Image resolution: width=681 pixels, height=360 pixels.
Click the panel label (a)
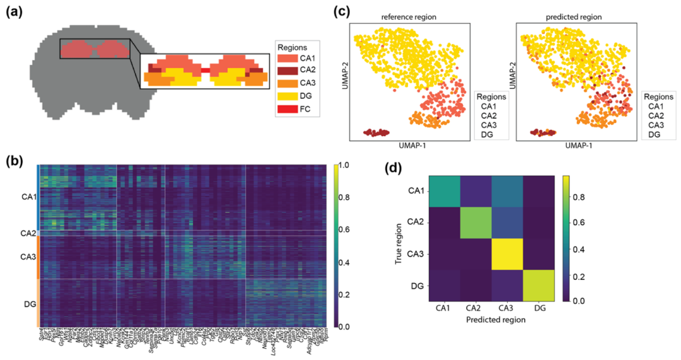pyautogui.click(x=16, y=13)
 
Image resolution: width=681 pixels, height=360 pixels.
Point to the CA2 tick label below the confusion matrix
pyautogui.click(x=476, y=309)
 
